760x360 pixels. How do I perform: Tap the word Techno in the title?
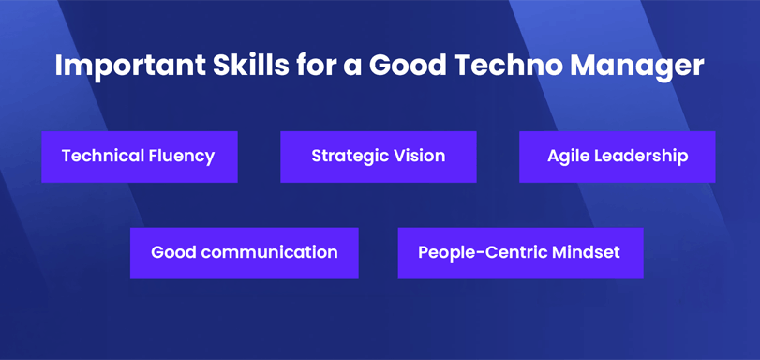coord(496,67)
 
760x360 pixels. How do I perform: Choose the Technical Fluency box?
coord(139,157)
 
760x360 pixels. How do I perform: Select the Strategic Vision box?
coord(378,157)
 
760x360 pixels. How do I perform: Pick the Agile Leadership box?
coord(617,157)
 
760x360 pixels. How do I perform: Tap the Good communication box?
coord(244,253)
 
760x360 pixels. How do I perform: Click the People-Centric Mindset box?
coord(520,253)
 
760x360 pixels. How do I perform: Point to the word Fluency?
coord(182,157)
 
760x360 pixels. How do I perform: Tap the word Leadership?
coord(642,157)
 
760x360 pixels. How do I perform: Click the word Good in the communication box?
coord(171,253)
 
